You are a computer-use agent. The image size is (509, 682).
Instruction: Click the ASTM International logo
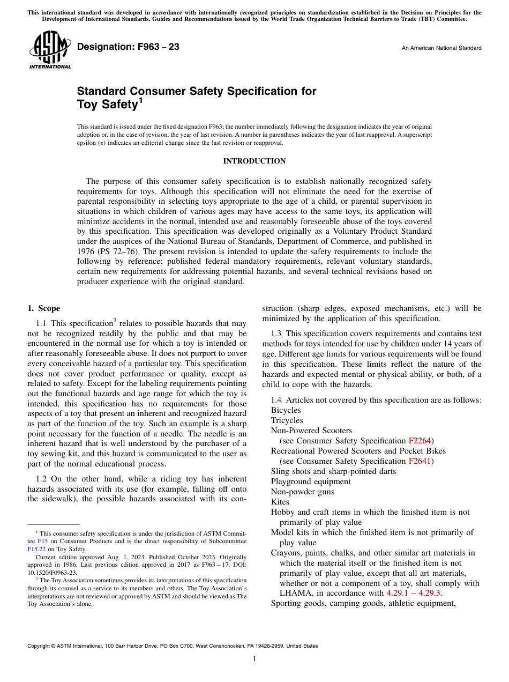point(50,51)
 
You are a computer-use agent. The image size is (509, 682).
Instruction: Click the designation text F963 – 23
point(128,47)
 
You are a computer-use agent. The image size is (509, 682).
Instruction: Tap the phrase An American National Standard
point(441,48)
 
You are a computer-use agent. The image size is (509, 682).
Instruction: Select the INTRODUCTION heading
point(254,161)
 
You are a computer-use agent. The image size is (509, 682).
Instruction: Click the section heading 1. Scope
point(44,308)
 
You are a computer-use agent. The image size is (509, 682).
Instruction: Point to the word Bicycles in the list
point(286,410)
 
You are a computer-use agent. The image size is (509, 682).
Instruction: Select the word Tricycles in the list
point(287,420)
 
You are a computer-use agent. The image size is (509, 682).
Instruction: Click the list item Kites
point(280,502)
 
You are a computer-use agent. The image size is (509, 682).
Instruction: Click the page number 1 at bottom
point(254,659)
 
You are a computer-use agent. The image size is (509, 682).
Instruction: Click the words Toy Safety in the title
point(108,105)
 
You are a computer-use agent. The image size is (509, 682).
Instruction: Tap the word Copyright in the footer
point(40,646)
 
